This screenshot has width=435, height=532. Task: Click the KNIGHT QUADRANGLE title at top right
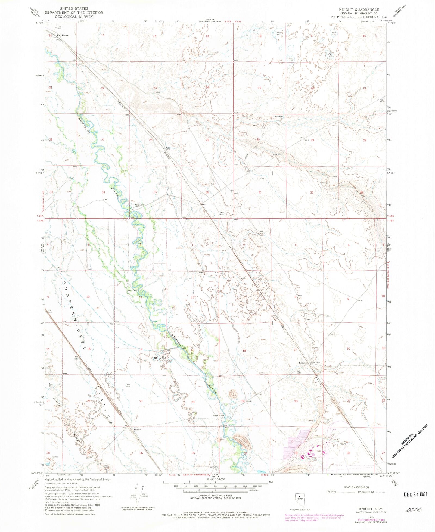click(359, 10)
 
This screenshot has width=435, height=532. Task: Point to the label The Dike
click(159, 358)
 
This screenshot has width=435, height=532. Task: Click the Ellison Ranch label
click(218, 415)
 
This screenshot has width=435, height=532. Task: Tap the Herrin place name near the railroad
click(137, 430)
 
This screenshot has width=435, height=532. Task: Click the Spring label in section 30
click(278, 117)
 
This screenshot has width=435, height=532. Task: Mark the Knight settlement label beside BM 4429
click(303, 363)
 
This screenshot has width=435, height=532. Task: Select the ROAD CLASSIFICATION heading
click(356, 487)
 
